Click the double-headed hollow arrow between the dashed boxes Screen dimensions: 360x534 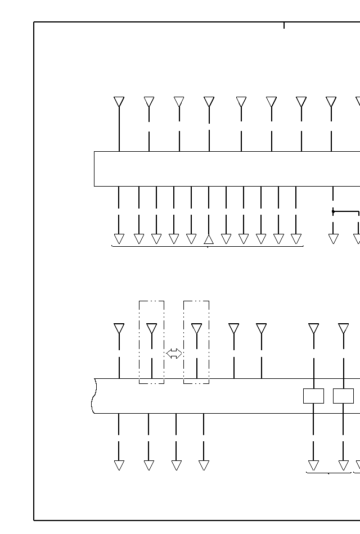pos(174,354)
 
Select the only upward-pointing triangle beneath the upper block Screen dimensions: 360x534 pos(209,239)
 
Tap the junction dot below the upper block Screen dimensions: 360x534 pos(333,212)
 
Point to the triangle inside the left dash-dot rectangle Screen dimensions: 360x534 pos(151,328)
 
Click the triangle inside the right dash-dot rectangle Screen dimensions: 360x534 pos(196,328)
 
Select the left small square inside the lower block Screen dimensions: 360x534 pos(313,396)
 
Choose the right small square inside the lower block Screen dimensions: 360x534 pos(343,396)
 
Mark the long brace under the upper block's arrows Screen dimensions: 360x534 pos(208,246)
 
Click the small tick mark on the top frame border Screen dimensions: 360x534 pos(284,25)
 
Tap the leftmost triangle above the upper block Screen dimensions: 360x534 pos(119,102)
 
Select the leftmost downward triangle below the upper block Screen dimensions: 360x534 pos(119,239)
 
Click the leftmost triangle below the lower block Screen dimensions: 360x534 pos(119,465)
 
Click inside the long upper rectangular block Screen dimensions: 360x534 pos(225,169)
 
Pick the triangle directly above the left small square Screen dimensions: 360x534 pos(313,328)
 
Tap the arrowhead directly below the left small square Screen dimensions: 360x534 pos(313,465)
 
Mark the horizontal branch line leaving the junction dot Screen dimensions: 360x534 pos(346,212)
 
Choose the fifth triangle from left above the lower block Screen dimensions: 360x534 pos(261,328)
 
